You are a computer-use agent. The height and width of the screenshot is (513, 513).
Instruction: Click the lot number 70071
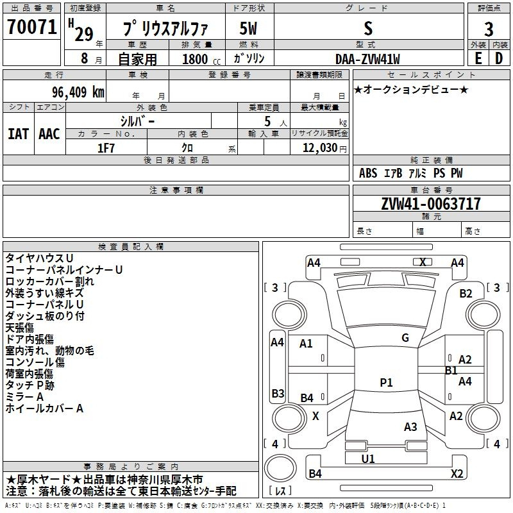[32, 26]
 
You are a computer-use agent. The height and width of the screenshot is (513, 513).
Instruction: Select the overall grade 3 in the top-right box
[489, 29]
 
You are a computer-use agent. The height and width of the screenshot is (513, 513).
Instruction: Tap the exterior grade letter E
[478, 58]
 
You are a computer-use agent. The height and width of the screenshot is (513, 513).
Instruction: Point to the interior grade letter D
[499, 58]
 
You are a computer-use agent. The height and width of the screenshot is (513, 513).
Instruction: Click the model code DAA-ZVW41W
[367, 59]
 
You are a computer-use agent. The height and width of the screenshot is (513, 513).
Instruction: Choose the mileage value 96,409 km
[78, 92]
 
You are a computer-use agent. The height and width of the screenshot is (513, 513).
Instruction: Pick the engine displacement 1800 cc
[201, 59]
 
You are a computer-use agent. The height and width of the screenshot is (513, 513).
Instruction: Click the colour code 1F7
[106, 148]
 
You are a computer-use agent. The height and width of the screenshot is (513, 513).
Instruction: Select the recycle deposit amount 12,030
[320, 147]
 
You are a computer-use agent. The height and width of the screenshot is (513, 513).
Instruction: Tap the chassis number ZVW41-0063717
[431, 203]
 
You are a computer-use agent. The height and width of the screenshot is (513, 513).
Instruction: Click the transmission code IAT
[19, 134]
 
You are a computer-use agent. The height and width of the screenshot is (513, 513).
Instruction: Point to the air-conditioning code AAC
[49, 134]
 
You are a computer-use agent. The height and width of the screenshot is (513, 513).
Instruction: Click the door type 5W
[248, 28]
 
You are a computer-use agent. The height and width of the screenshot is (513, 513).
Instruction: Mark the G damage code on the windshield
[405, 338]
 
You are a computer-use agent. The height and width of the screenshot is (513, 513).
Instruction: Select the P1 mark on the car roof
[386, 382]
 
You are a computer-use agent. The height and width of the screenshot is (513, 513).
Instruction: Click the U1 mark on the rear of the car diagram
[368, 458]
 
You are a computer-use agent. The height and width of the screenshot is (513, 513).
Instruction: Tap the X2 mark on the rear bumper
[457, 473]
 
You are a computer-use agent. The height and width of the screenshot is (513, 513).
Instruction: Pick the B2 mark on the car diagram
[466, 294]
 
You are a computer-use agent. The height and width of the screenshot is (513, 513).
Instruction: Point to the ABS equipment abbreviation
[368, 173]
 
